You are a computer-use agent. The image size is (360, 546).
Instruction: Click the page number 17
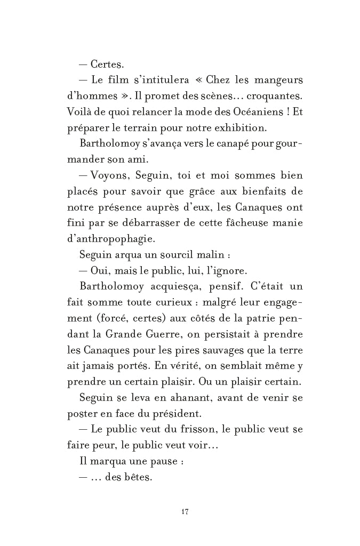(x=185, y=512)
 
